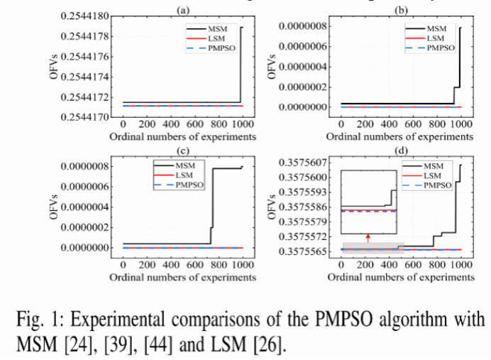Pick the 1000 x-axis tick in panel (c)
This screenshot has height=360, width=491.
click(x=242, y=264)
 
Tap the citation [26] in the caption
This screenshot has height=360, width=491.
click(x=270, y=346)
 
